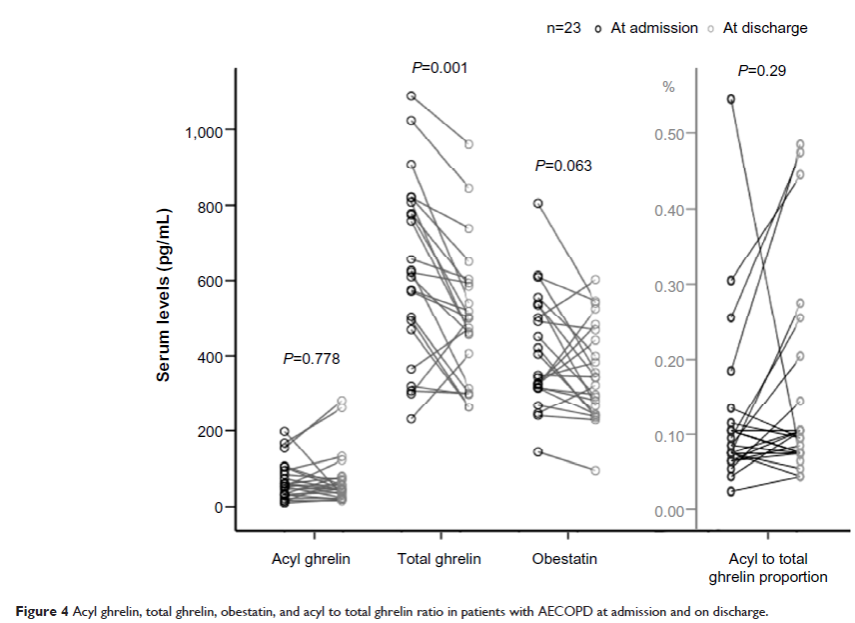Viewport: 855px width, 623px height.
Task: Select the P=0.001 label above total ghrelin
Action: click(439, 68)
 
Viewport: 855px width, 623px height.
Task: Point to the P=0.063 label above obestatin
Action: click(564, 166)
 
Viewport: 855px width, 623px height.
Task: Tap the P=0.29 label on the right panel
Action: click(761, 71)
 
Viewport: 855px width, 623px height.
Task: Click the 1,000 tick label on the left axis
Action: click(203, 131)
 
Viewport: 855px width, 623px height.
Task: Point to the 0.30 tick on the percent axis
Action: click(669, 286)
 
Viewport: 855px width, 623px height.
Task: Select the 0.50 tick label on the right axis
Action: click(669, 134)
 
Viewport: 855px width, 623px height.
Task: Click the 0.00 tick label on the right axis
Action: click(669, 512)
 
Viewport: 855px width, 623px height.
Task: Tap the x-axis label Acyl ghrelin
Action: click(311, 559)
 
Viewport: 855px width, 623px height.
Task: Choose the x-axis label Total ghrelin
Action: click(439, 559)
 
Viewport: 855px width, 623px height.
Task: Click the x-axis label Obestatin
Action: click(566, 559)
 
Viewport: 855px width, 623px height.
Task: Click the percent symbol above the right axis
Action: click(669, 87)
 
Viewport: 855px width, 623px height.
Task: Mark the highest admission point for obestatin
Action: click(538, 203)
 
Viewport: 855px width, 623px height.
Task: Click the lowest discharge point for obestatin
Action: click(595, 470)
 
